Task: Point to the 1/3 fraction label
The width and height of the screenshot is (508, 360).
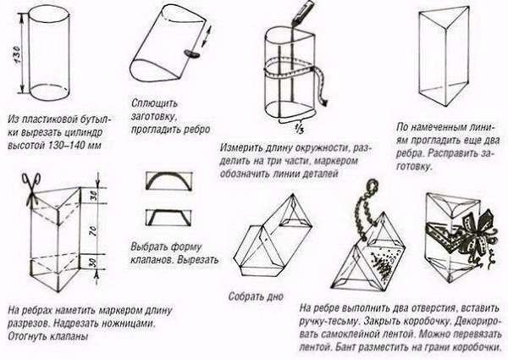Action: tap(300, 128)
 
